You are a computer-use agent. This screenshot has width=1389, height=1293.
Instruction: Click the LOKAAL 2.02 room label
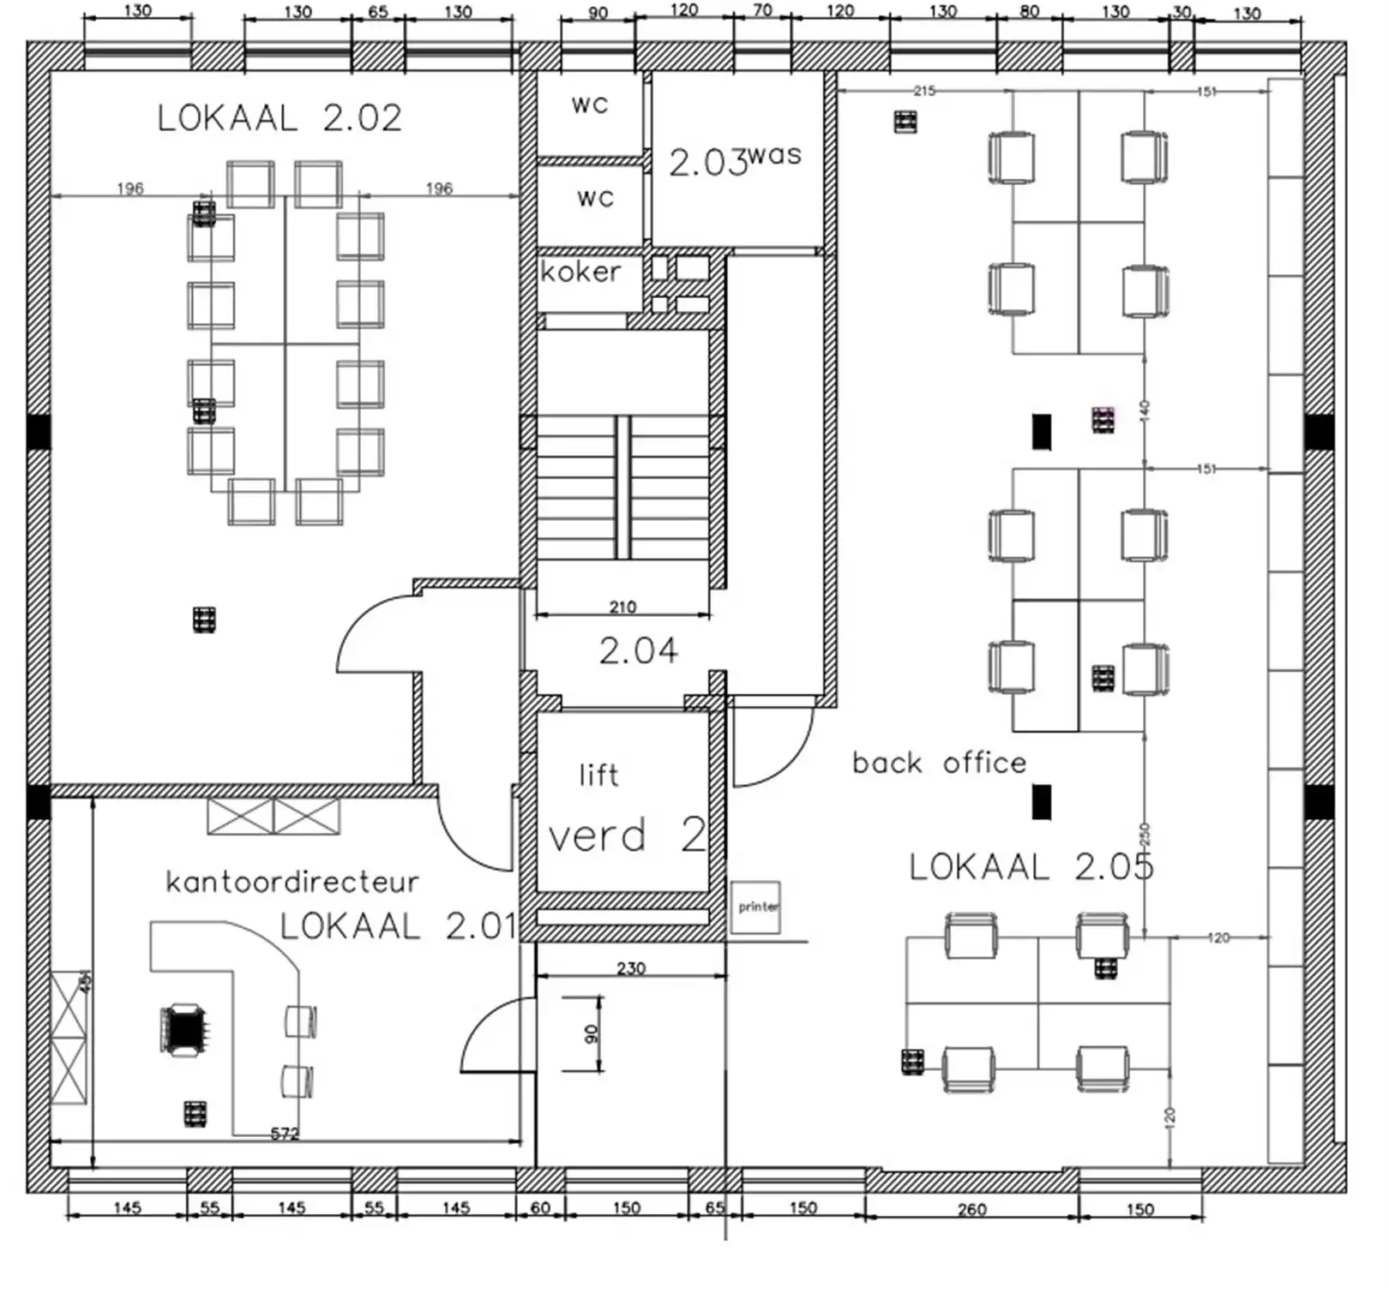pyautogui.click(x=280, y=118)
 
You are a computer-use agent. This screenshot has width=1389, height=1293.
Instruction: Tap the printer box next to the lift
pyautogui.click(x=756, y=907)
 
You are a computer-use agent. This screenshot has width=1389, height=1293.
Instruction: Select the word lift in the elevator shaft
pyautogui.click(x=598, y=775)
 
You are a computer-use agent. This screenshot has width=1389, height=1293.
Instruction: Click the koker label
pyautogui.click(x=580, y=272)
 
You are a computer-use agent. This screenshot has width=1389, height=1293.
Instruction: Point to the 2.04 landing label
pyautogui.click(x=638, y=651)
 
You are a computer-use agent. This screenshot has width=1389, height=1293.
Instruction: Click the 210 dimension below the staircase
pyautogui.click(x=622, y=607)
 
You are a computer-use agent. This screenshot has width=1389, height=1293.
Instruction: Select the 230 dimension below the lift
pyautogui.click(x=631, y=968)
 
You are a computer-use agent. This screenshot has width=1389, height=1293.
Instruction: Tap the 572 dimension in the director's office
pyautogui.click(x=285, y=1134)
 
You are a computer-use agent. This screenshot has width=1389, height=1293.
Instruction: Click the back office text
pyautogui.click(x=939, y=763)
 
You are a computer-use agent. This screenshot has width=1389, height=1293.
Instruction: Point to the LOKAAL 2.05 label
pyautogui.click(x=1031, y=867)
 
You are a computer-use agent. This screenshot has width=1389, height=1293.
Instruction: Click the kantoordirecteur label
pyautogui.click(x=292, y=882)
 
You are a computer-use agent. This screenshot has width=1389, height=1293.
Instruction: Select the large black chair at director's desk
pyautogui.click(x=183, y=1029)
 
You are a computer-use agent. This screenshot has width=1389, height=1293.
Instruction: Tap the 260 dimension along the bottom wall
pyautogui.click(x=972, y=1209)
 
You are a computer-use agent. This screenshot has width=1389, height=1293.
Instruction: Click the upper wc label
pyautogui.click(x=590, y=105)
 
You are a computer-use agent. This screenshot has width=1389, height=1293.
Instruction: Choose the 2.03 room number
pyautogui.click(x=707, y=163)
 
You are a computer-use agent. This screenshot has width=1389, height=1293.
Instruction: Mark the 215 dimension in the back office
pyautogui.click(x=923, y=91)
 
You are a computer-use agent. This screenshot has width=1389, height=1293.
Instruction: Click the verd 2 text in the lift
pyautogui.click(x=626, y=835)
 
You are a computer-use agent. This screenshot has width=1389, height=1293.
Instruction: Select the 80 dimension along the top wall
pyautogui.click(x=1030, y=12)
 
